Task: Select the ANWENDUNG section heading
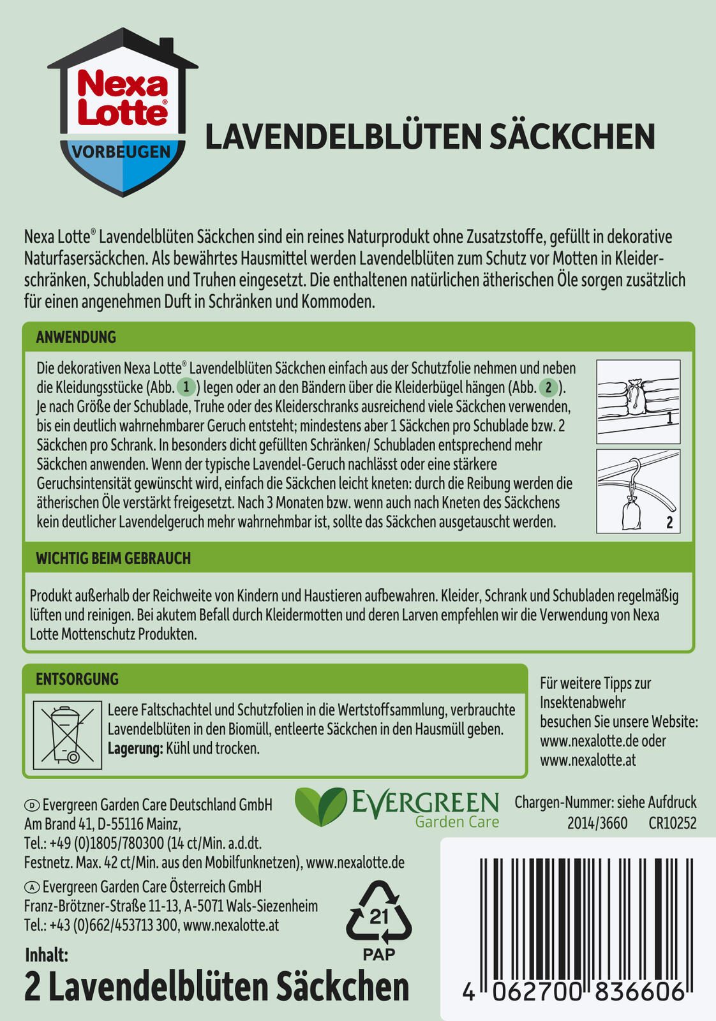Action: point(76,337)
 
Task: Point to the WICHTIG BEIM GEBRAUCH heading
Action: point(113,558)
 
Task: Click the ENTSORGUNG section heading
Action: point(77,679)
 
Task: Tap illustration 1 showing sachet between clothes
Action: point(638,402)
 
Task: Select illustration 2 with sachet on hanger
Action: point(638,491)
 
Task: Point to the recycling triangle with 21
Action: point(378,914)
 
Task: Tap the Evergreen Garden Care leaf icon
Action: point(319,807)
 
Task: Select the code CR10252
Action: point(672,823)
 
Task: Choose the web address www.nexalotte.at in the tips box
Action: point(588,761)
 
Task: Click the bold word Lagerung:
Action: point(135,749)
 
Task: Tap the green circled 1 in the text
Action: point(186,387)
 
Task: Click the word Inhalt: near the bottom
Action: point(46,955)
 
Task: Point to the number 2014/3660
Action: point(597,823)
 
